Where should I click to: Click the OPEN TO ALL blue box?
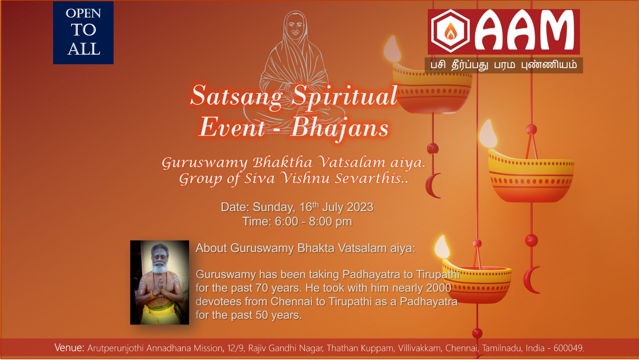click(x=83, y=33)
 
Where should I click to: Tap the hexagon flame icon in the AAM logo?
click(x=450, y=31)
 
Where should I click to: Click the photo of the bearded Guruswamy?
click(x=159, y=282)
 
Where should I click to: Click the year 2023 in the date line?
click(x=360, y=207)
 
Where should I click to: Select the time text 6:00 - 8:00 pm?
click(x=314, y=222)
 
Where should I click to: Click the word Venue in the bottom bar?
click(x=69, y=348)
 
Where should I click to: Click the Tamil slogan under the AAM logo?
click(x=504, y=65)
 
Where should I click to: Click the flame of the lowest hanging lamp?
click(x=442, y=247)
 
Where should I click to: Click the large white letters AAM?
click(x=524, y=30)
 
